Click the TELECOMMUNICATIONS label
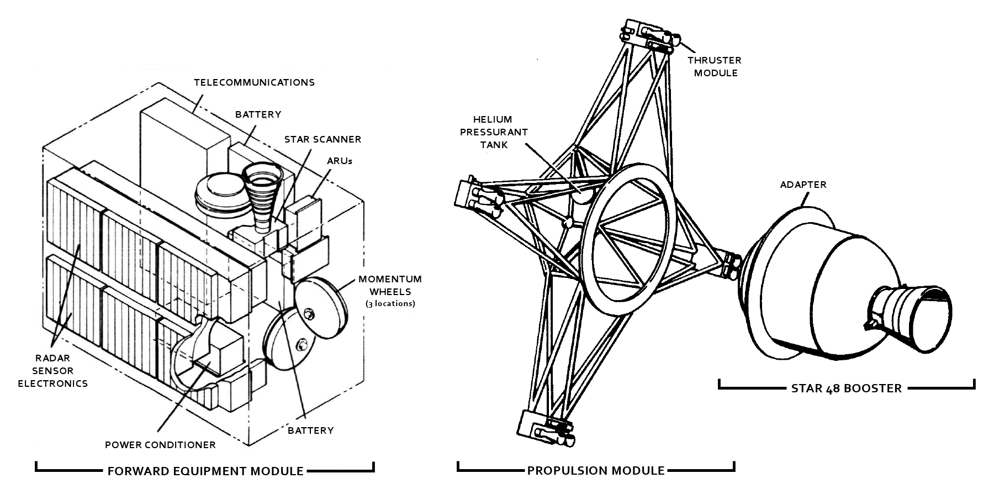[254, 82]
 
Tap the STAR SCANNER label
[323, 139]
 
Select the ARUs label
[339, 161]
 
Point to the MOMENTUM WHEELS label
[390, 285]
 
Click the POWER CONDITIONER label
[160, 445]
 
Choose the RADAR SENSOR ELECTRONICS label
[53, 371]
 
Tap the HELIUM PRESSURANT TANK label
[494, 132]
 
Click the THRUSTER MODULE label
[715, 66]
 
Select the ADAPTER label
[803, 185]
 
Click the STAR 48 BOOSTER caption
[847, 388]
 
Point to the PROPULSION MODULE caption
[596, 471]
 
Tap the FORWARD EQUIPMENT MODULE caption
[205, 471]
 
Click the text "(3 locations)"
[390, 304]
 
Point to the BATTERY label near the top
[258, 115]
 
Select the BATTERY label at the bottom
[310, 430]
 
